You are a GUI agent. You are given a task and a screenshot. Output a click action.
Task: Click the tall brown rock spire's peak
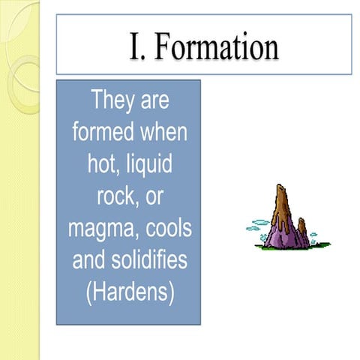282,187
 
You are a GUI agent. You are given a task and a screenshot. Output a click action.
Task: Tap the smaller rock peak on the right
301,223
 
